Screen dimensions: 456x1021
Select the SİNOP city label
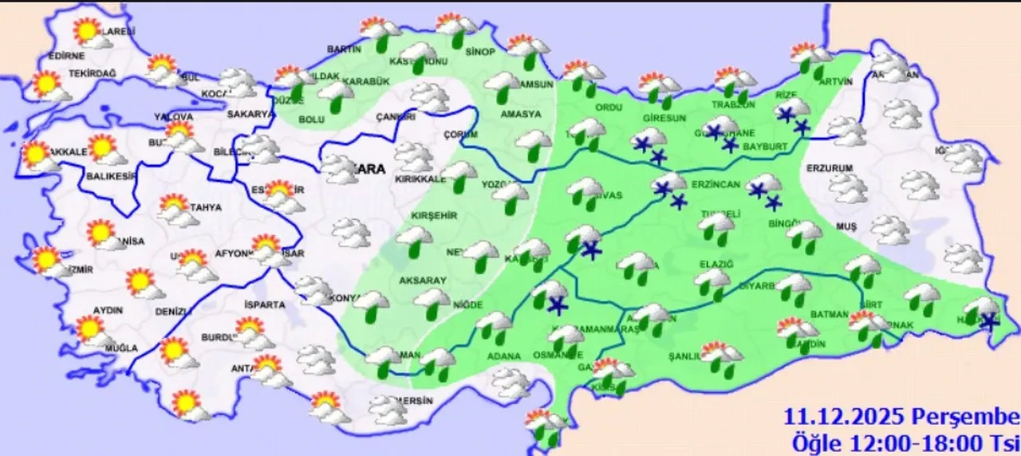(x=480, y=52)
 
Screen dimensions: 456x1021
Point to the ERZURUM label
(x=830, y=168)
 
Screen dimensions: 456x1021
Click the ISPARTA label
(x=266, y=305)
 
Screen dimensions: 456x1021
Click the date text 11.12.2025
(x=844, y=417)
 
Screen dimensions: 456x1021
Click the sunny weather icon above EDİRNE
(x=88, y=33)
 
